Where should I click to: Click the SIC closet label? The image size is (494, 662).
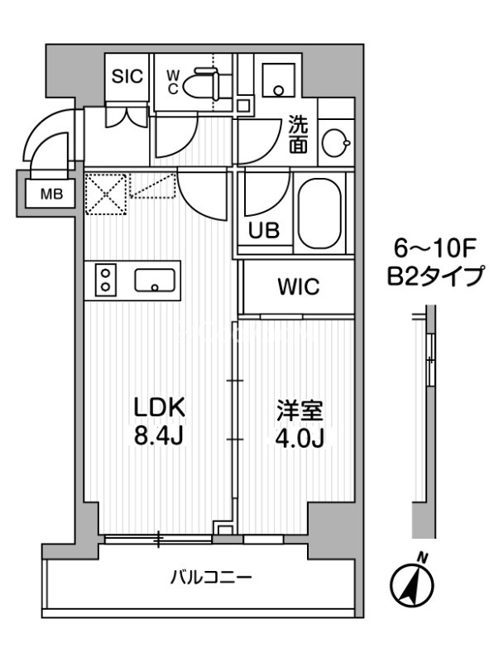point(127,76)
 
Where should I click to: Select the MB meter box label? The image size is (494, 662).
point(51,196)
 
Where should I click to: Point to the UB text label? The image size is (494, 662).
point(266,232)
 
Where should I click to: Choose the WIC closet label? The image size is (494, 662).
point(297,288)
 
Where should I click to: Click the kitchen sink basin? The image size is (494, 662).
point(155,281)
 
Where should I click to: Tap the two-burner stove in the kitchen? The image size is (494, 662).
point(106,280)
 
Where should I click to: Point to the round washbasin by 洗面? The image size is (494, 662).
point(334,143)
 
